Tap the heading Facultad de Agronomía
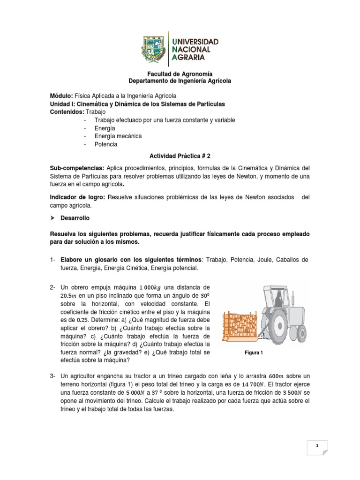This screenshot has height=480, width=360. pyautogui.click(x=180, y=74)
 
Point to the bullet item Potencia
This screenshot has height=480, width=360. pyautogui.click(x=105, y=144)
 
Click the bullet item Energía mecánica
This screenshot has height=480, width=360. pyautogui.click(x=118, y=136)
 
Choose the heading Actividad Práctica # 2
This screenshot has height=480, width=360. pyautogui.click(x=180, y=156)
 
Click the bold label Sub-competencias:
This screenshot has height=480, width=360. pyautogui.click(x=77, y=168)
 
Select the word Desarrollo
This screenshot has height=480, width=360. pyautogui.click(x=74, y=218)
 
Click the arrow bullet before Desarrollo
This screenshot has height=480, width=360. pyautogui.click(x=53, y=218)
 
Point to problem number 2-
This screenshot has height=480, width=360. pyautogui.click(x=53, y=287)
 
